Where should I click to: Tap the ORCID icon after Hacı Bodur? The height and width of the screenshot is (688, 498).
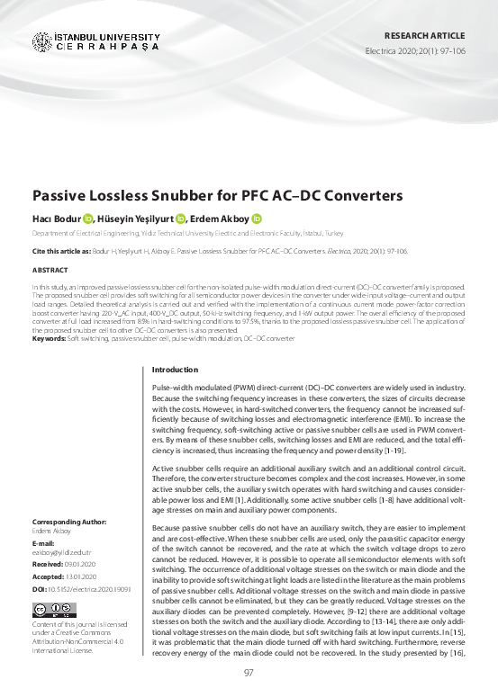pyautogui.click(x=87, y=219)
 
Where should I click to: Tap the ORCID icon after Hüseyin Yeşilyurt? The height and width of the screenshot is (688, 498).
pyautogui.click(x=181, y=219)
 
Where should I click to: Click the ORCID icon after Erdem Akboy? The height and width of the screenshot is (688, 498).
pyautogui.click(x=257, y=219)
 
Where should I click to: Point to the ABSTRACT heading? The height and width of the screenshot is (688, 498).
pyautogui.click(x=49, y=269)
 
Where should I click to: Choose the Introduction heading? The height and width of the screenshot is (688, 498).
pyautogui.click(x=175, y=370)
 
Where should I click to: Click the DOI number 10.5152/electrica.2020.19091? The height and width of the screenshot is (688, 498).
pyautogui.click(x=93, y=586)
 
